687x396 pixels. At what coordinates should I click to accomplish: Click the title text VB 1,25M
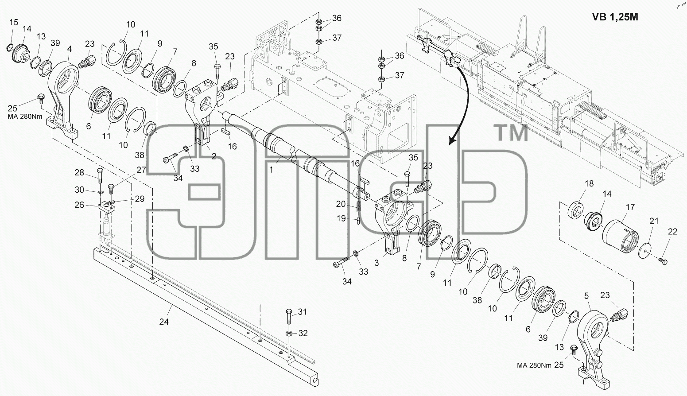615,17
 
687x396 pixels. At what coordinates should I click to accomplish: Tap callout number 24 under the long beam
164,322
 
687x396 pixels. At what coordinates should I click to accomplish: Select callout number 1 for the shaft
271,170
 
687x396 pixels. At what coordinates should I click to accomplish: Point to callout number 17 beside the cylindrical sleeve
630,207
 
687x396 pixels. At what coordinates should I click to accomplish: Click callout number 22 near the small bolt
672,232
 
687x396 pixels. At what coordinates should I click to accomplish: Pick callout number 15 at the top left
13,22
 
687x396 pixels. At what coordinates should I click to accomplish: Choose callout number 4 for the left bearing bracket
69,49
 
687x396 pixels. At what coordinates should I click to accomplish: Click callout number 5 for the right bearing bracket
586,296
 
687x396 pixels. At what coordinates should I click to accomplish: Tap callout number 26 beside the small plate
79,205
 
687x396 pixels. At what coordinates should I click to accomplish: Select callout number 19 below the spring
341,218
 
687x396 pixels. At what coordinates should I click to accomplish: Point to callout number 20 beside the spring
341,204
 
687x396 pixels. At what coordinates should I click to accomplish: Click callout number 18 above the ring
589,183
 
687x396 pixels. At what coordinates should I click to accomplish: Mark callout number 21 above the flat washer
654,221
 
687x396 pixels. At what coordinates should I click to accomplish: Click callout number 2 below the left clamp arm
214,156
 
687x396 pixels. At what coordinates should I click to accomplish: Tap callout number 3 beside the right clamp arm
376,263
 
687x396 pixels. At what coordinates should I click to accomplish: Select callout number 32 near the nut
303,333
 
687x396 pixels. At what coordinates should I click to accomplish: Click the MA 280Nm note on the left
25,117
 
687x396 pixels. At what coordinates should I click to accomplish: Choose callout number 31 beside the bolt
303,312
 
